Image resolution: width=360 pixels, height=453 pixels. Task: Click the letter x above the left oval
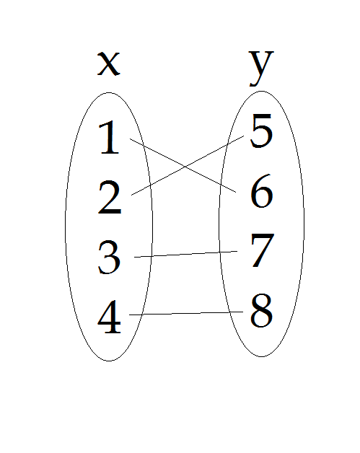pos(109,63)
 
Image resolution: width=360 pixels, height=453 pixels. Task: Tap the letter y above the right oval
pos(261,69)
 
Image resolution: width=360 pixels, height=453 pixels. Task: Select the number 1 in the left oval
pos(109,138)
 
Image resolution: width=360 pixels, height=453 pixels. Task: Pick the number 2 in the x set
pos(110,197)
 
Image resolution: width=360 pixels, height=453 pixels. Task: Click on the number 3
pos(109,257)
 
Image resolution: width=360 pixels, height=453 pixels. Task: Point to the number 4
pos(109,317)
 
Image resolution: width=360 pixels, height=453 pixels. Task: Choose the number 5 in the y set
pos(261,131)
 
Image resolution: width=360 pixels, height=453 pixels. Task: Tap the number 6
pos(261,190)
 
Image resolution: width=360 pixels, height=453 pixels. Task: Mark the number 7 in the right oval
pos(262,250)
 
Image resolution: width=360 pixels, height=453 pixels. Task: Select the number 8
pos(261,310)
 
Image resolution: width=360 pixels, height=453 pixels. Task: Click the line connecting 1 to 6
pos(183,165)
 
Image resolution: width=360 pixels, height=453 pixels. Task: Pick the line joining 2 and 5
pos(188,165)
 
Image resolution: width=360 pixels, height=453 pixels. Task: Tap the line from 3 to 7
pos(186,254)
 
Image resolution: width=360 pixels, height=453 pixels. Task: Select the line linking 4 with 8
pos(186,313)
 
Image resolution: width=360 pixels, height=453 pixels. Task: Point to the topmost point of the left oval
pos(109,93)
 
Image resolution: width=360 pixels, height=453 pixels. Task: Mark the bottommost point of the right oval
pos(261,356)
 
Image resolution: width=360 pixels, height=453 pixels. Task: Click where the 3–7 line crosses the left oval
pos(152,256)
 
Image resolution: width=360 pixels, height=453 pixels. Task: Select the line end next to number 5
pos(244,136)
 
